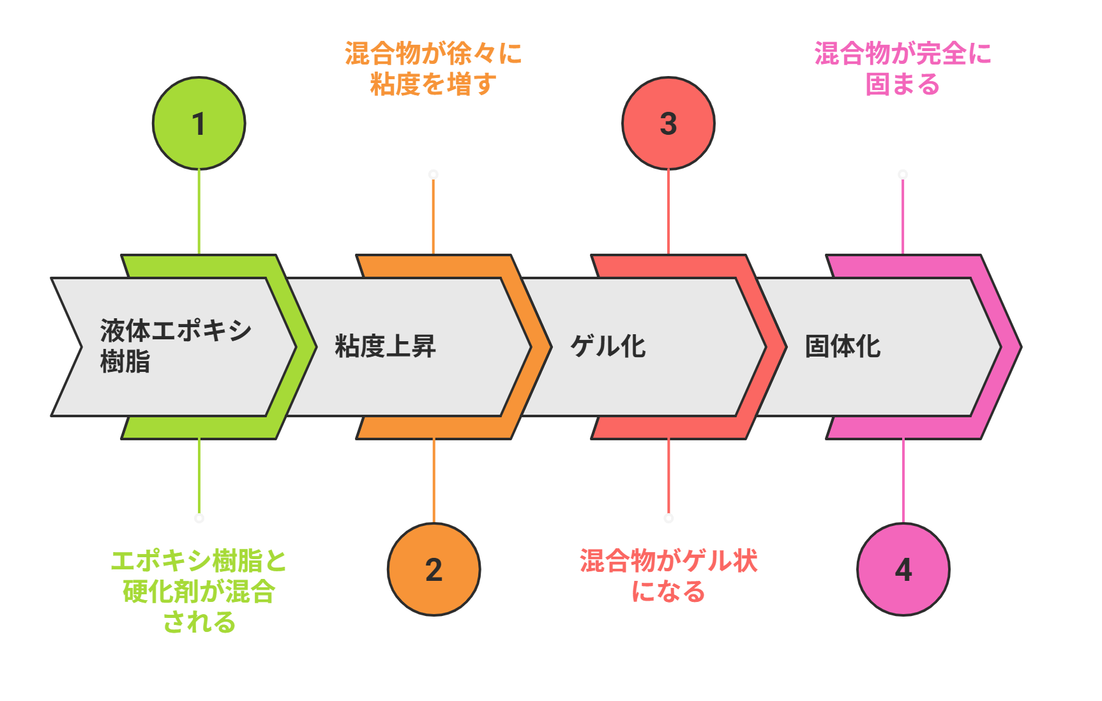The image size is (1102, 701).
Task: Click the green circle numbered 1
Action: click(x=199, y=123)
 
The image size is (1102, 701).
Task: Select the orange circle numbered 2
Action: click(x=434, y=569)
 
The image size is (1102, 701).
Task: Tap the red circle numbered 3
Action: click(x=668, y=123)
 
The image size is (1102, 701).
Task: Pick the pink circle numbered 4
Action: click(x=903, y=569)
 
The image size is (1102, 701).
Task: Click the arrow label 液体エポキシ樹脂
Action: click(x=176, y=346)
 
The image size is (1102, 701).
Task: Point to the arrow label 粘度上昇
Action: click(x=385, y=346)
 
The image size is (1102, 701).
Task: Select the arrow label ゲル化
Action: click(x=607, y=346)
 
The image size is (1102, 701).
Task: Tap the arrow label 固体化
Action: click(x=842, y=346)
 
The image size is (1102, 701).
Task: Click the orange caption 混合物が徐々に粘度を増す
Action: click(x=434, y=68)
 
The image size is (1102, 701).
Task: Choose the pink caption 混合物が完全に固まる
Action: click(x=903, y=68)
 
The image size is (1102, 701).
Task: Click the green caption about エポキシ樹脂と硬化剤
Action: click(x=199, y=591)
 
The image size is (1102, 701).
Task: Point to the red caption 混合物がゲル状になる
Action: click(x=668, y=576)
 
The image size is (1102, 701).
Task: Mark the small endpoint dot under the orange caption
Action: click(x=434, y=174)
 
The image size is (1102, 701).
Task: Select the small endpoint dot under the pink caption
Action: click(x=903, y=174)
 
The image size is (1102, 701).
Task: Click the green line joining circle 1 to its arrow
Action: click(x=199, y=211)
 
